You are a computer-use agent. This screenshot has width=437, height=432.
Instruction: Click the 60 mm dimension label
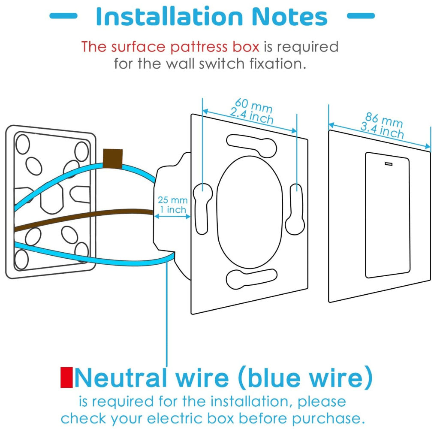pos(253,105)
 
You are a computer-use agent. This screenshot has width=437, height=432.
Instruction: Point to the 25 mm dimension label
pos(172,200)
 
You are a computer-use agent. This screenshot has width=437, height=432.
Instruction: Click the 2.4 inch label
pos(252,115)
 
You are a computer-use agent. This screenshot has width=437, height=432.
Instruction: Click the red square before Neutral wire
pos(66,378)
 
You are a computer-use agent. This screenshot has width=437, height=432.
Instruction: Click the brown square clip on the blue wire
pos(113,158)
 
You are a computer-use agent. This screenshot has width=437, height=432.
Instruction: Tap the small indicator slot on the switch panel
pos(389,163)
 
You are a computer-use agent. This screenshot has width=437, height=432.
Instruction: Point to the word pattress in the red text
pos(197,46)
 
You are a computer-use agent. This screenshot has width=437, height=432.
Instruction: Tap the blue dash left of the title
pos(63,16)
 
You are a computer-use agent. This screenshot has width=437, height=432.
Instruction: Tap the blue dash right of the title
pos(360,16)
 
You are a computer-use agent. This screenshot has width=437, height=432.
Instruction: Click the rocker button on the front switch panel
pos(387,215)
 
